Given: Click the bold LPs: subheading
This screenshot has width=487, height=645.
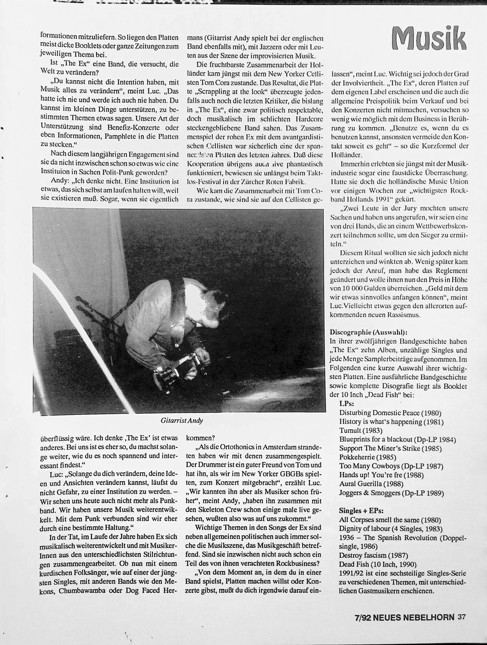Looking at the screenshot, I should [x=347, y=404].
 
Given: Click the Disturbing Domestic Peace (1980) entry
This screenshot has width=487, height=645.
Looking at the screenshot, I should [x=390, y=413].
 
